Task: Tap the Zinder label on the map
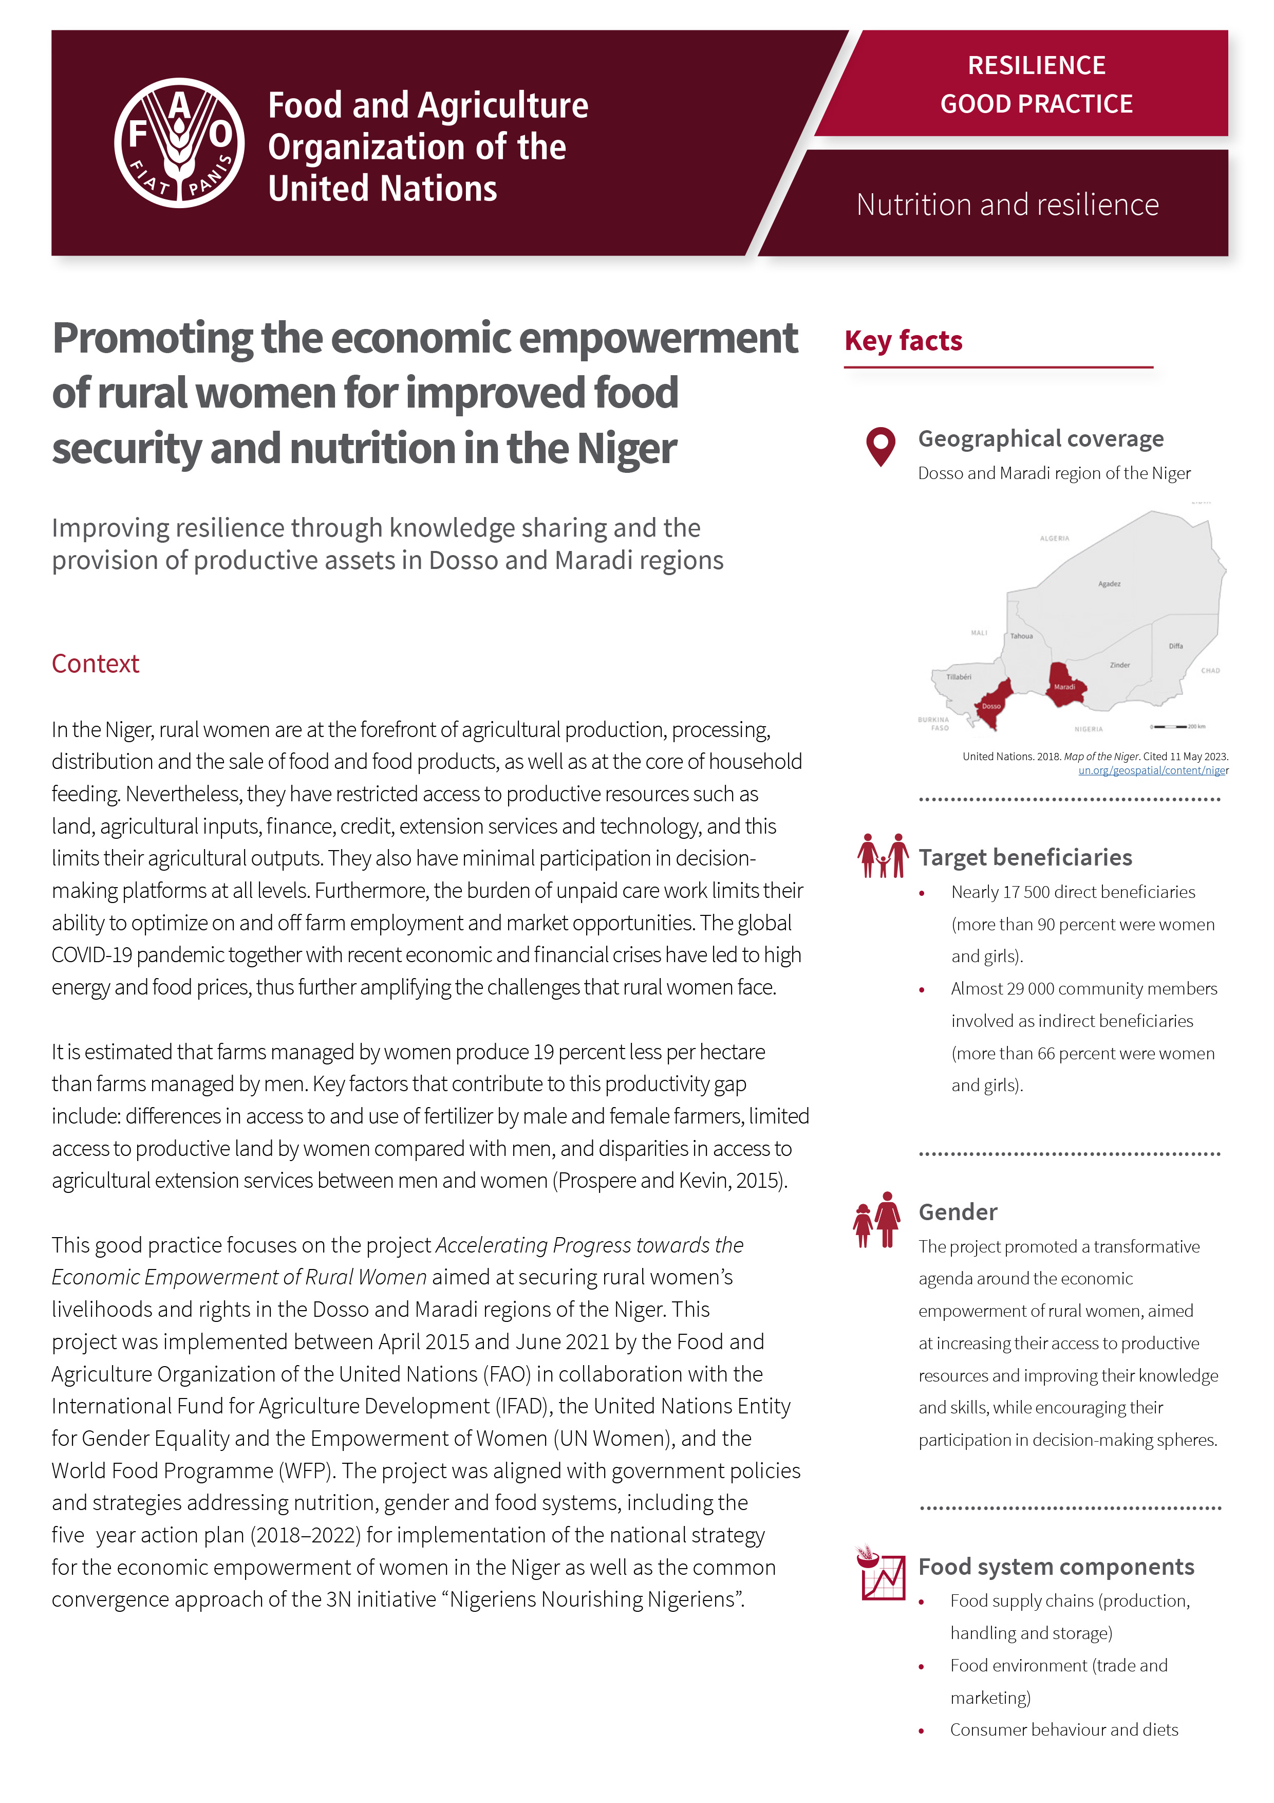[1119, 665]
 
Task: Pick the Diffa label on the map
[1175, 646]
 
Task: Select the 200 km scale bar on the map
[1177, 726]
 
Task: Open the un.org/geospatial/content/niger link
[1152, 771]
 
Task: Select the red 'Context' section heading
[95, 664]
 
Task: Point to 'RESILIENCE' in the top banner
[1036, 65]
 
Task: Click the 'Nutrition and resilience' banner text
[1007, 205]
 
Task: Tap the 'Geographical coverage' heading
[1040, 439]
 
